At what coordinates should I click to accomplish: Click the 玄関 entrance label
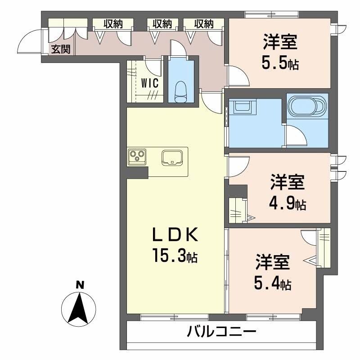click(x=60, y=49)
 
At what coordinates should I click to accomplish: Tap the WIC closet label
click(x=149, y=83)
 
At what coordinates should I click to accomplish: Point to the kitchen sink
click(x=172, y=157)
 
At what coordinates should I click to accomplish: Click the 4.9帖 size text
click(x=288, y=204)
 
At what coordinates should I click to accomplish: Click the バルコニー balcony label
click(x=221, y=333)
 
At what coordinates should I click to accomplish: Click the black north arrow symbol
click(x=80, y=308)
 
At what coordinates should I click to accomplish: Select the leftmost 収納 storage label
click(x=113, y=24)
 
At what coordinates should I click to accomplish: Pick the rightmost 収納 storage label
click(x=204, y=24)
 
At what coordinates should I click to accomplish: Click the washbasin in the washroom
click(x=242, y=108)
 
